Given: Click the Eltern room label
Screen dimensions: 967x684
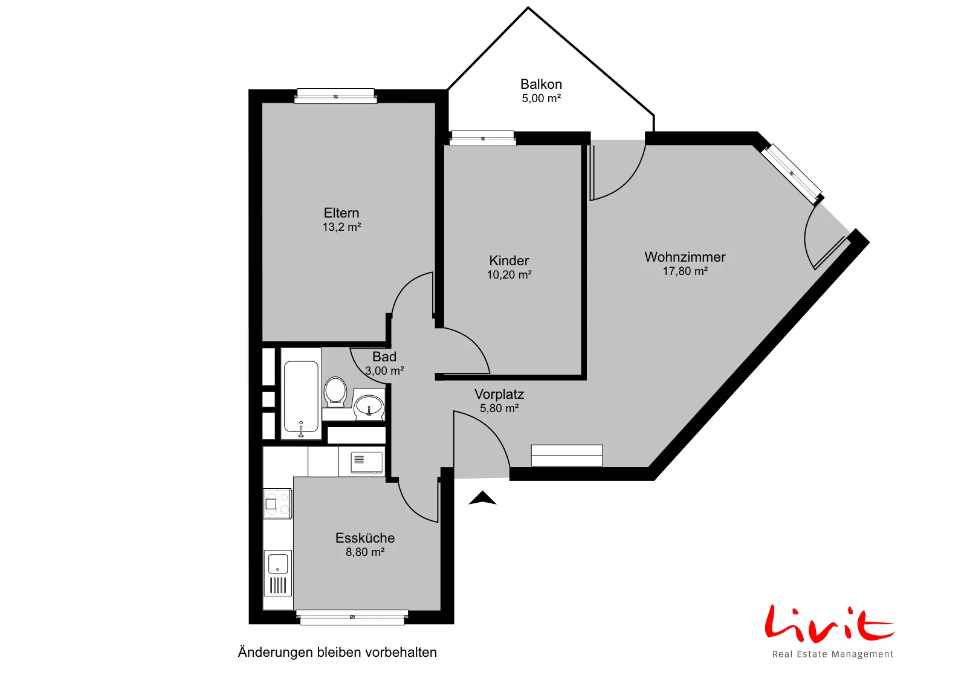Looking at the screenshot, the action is pyautogui.click(x=341, y=213).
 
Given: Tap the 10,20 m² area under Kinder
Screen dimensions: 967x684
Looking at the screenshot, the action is pyautogui.click(x=509, y=274).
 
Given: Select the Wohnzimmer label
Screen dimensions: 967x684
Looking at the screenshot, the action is pyautogui.click(x=685, y=257).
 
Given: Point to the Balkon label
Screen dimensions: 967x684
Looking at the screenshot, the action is pyautogui.click(x=541, y=84).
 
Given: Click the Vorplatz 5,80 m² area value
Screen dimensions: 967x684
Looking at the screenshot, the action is pyautogui.click(x=499, y=408).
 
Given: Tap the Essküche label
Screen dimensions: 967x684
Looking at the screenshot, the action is pyautogui.click(x=365, y=538).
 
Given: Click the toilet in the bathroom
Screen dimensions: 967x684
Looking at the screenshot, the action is pyautogui.click(x=335, y=392).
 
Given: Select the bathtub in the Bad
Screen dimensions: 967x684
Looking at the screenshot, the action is pyautogui.click(x=301, y=393).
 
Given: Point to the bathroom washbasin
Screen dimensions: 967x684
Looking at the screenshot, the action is pyautogui.click(x=369, y=405).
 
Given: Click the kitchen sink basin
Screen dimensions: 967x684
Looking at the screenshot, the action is pyautogui.click(x=279, y=564).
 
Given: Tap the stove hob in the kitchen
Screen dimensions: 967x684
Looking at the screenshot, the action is pyautogui.click(x=277, y=503).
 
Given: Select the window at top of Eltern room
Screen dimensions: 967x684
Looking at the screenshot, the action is pyautogui.click(x=335, y=96).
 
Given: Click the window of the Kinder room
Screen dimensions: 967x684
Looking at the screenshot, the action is pyautogui.click(x=483, y=138).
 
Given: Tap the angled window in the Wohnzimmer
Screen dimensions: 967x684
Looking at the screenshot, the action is pyautogui.click(x=792, y=174).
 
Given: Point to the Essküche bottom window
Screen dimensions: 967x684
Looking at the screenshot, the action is pyautogui.click(x=352, y=617).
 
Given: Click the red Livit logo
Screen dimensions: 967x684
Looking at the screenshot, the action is pyautogui.click(x=829, y=623).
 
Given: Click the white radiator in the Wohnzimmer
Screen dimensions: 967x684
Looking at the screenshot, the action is pyautogui.click(x=566, y=455).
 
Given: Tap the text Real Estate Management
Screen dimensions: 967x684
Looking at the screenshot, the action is pyautogui.click(x=833, y=654).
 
